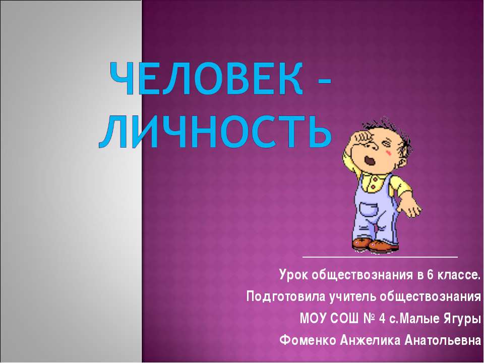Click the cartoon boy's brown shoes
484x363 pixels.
[376, 245]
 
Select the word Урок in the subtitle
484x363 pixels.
[293, 275]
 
